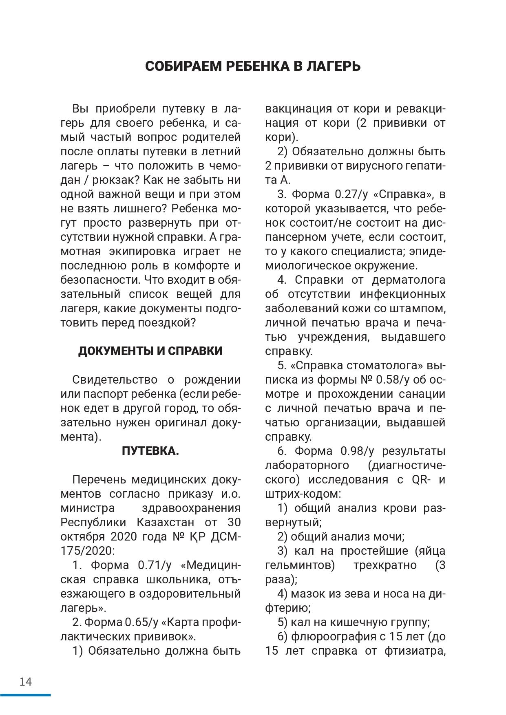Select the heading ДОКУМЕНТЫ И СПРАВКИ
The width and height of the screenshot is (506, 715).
pyautogui.click(x=150, y=351)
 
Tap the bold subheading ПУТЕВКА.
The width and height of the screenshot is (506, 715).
pyautogui.click(x=150, y=451)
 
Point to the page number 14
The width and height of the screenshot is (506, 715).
pyautogui.click(x=25, y=682)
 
